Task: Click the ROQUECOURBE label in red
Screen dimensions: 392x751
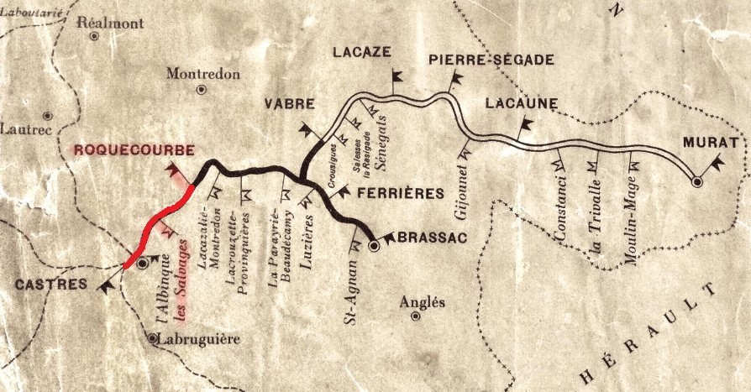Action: [x=134, y=150]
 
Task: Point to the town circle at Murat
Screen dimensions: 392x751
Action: [x=696, y=180]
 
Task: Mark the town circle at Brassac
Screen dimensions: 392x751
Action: [x=375, y=247]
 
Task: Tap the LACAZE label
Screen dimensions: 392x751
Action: [x=361, y=52]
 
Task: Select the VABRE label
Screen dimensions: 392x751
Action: [x=290, y=104]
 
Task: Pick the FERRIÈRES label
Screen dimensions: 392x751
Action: [x=400, y=194]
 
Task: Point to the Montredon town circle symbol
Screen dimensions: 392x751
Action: [x=202, y=89]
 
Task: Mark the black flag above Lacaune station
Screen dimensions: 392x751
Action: [x=525, y=127]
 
